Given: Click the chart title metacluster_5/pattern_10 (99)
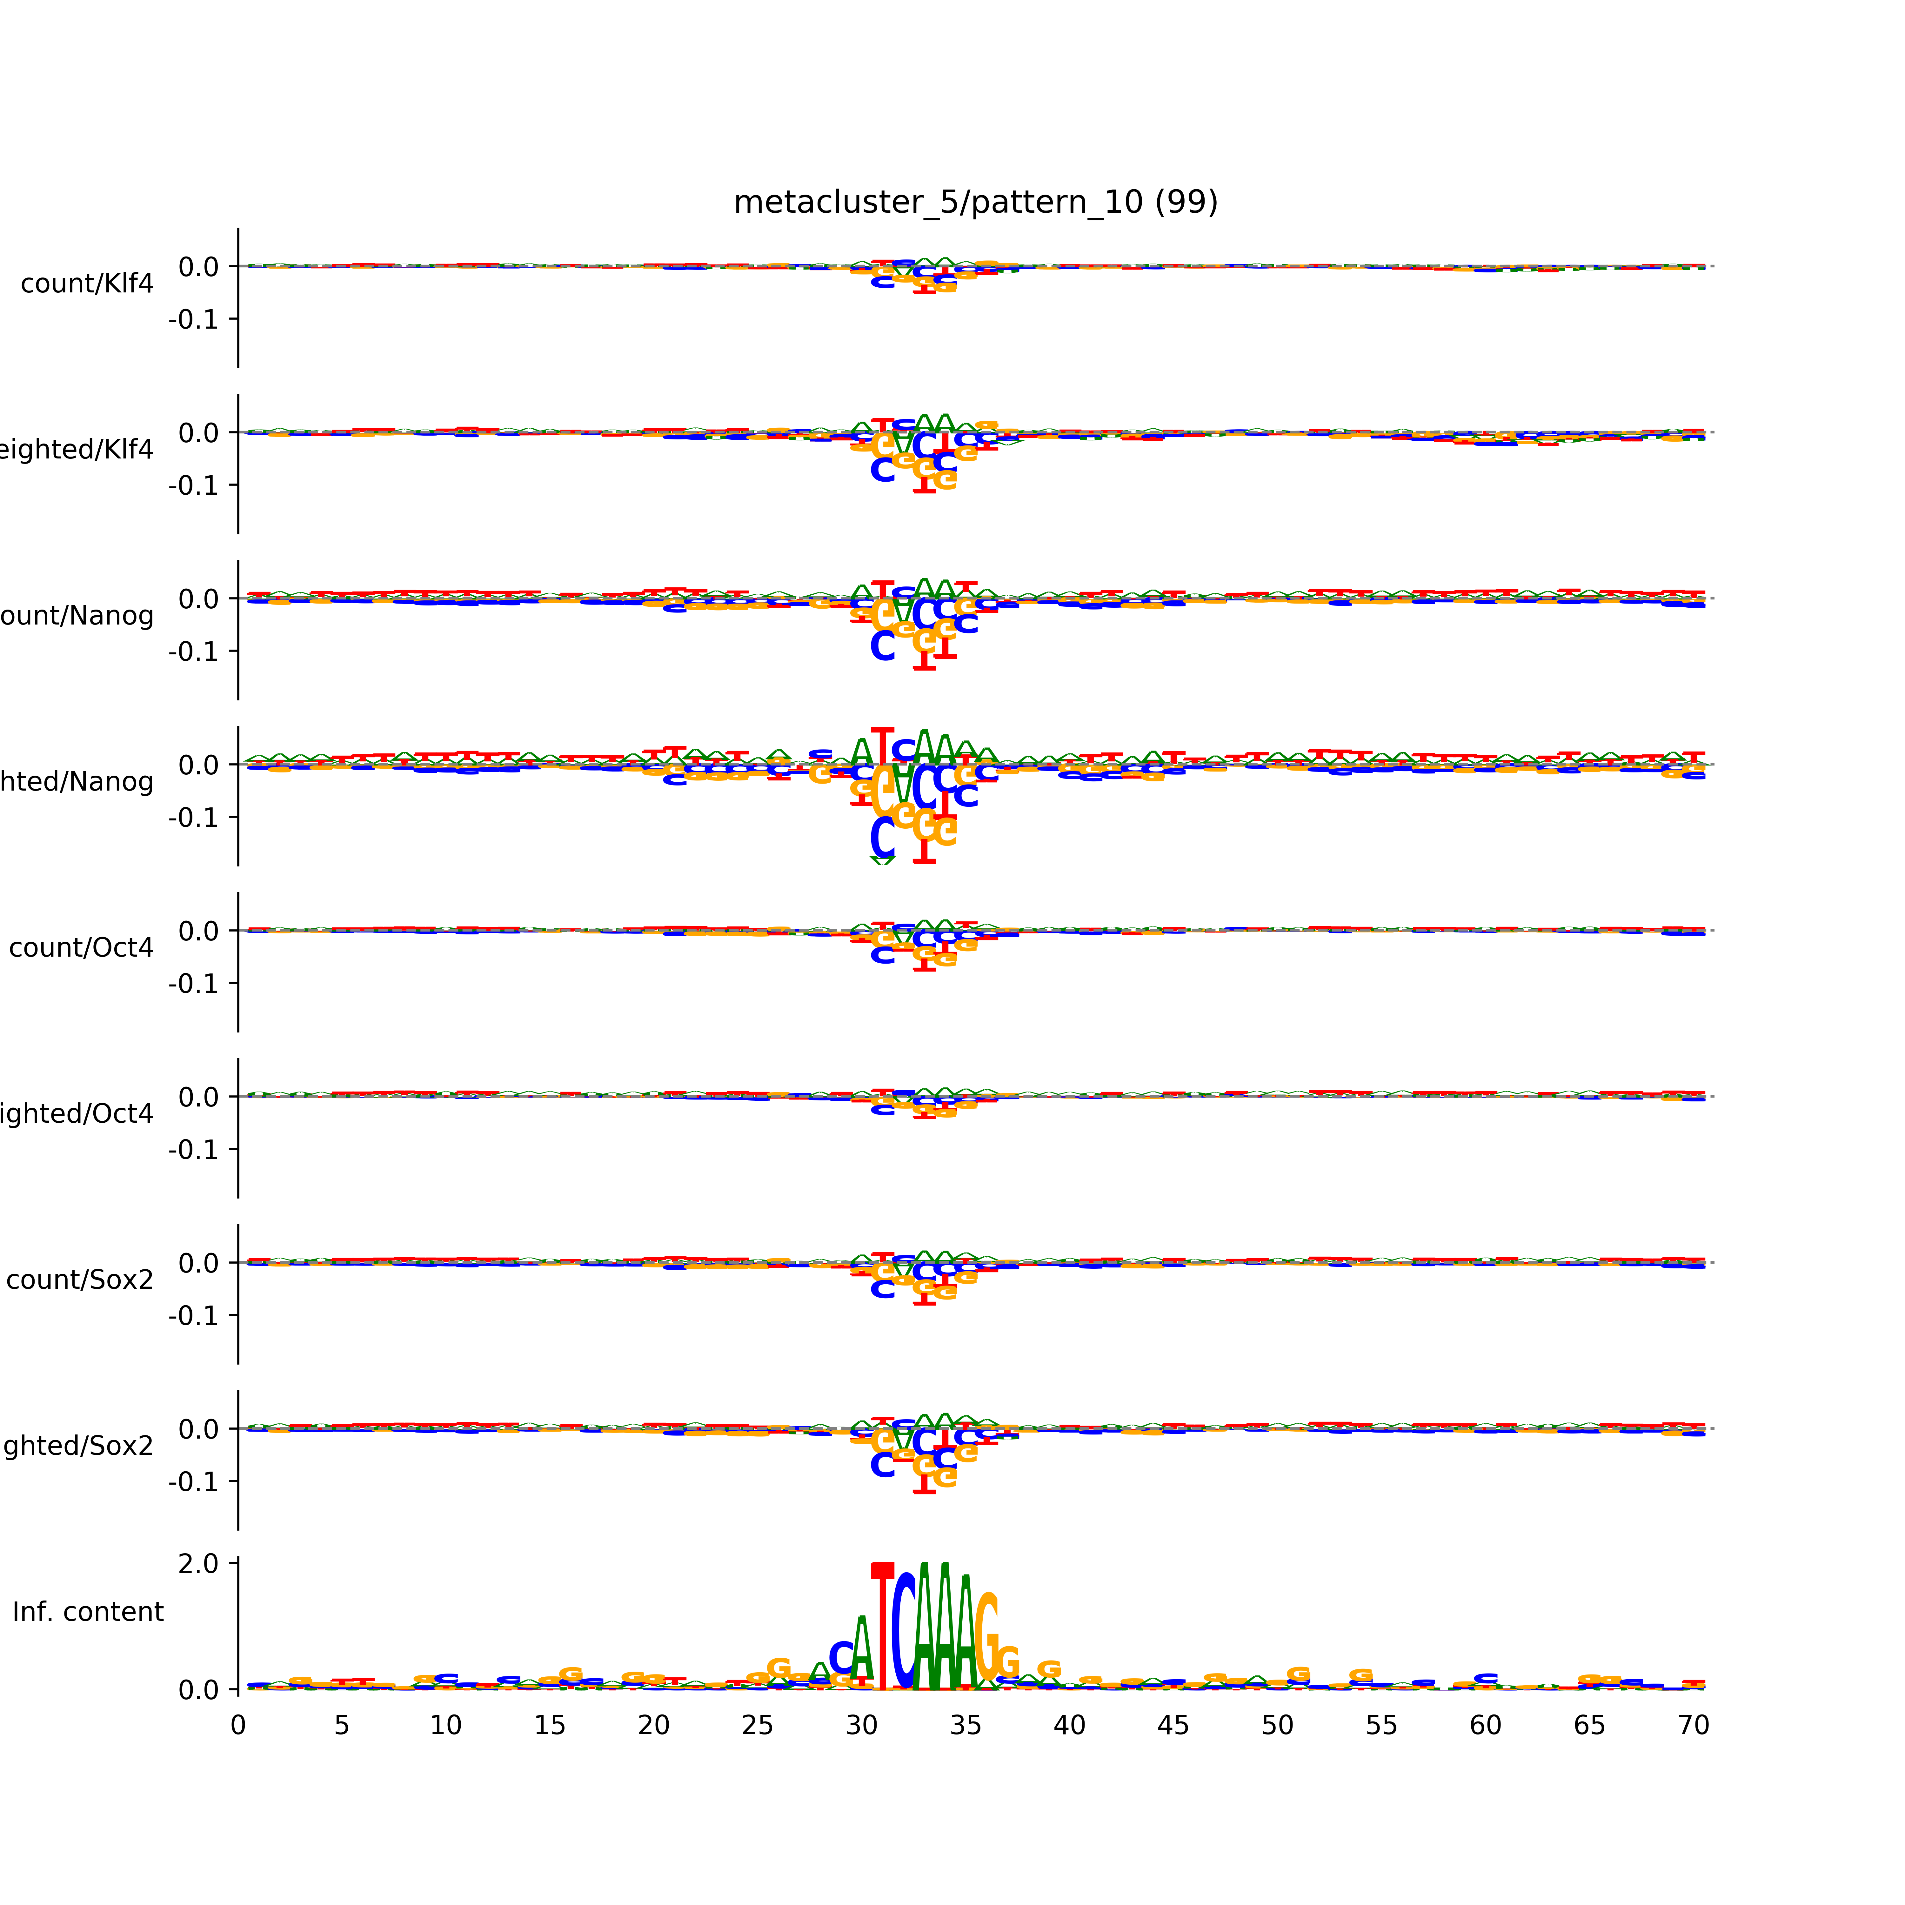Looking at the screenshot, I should pyautogui.click(x=975, y=202).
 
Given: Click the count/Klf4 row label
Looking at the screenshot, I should pyautogui.click(x=87, y=284).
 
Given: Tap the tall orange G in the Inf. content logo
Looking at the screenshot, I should pyautogui.click(x=986, y=1642).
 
